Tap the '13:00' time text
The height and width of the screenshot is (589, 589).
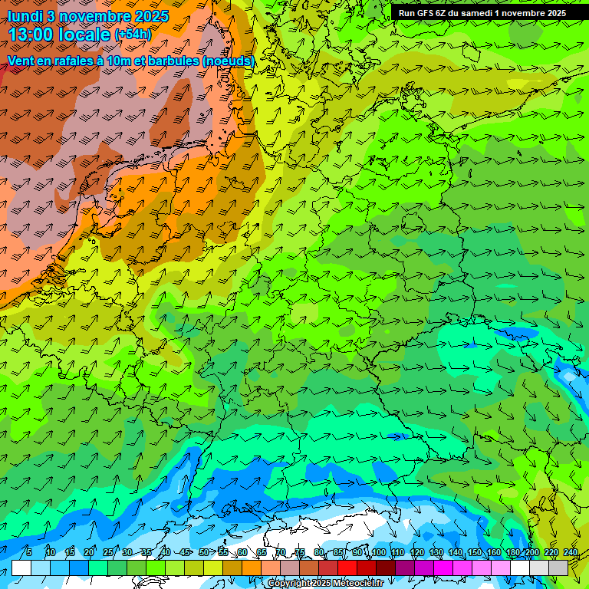35,35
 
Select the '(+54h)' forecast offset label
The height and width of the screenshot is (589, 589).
133,35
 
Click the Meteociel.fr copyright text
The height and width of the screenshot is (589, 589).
324,584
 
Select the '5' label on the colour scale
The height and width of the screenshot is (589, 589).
28,552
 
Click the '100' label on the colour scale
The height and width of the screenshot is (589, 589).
378,552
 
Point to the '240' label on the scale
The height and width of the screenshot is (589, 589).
571,552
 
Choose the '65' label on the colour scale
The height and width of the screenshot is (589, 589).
262,552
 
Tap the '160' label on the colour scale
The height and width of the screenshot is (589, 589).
494,552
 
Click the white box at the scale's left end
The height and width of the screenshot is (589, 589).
21,568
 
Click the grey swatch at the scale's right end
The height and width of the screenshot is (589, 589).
558,568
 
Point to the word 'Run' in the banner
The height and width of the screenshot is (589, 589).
406,13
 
